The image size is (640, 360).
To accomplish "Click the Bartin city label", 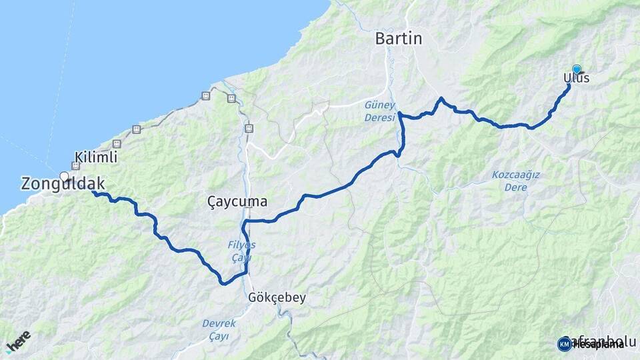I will click(399, 39).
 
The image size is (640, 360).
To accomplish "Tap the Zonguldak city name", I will click(63, 183).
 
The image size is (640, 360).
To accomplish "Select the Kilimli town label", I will click(97, 158).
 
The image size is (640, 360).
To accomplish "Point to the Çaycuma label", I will click(237, 201).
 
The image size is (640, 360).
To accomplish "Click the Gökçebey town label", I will click(276, 297).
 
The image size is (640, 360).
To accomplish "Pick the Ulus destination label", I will click(577, 79).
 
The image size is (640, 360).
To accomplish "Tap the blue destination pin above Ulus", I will click(577, 68).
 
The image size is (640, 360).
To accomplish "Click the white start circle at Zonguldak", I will click(65, 176).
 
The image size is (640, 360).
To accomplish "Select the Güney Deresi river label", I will click(379, 111).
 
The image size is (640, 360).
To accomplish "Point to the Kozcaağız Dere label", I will click(510, 181).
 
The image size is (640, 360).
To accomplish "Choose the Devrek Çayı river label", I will click(219, 329).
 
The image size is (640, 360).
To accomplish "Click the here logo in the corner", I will click(18, 342).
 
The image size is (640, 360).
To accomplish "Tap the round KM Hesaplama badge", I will click(565, 343).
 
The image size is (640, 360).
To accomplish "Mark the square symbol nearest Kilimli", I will click(117, 144).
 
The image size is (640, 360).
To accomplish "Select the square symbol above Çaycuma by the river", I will click(249, 128).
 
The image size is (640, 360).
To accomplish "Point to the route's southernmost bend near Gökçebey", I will click(223, 283).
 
